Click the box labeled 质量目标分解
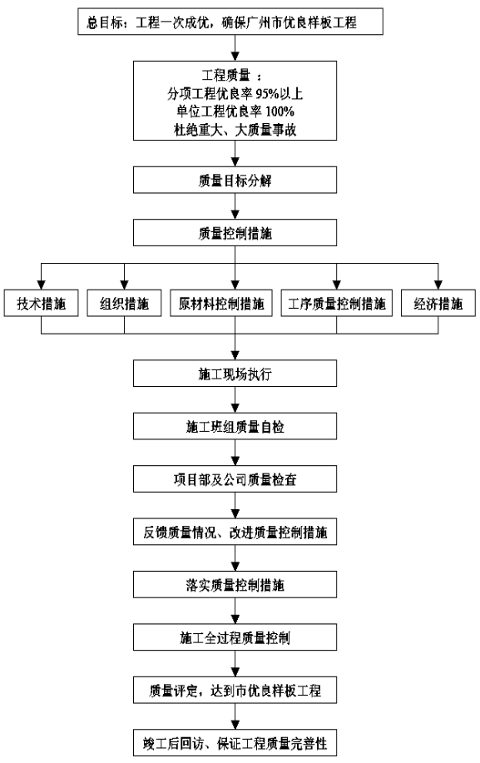(x=235, y=180)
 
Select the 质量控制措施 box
(x=235, y=233)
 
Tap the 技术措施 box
(x=41, y=303)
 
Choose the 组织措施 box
(x=124, y=303)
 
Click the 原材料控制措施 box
(x=220, y=303)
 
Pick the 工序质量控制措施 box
(x=337, y=303)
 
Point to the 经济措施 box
(x=438, y=303)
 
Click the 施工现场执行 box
(x=235, y=374)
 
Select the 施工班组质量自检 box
(x=235, y=426)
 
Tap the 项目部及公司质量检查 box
(x=235, y=478)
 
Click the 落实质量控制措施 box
(x=235, y=584)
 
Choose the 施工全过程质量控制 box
(x=235, y=637)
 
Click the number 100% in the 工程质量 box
(x=280, y=111)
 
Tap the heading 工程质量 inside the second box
(x=225, y=76)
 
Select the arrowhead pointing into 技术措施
(x=41, y=285)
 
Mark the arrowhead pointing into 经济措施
(x=438, y=285)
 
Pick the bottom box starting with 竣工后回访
(x=235, y=742)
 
